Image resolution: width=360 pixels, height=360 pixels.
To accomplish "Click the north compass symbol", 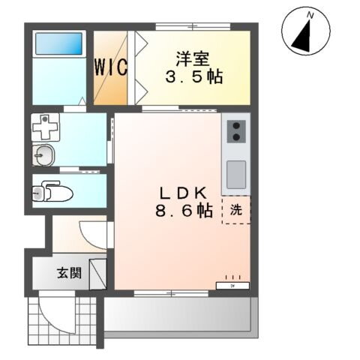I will click(305, 33).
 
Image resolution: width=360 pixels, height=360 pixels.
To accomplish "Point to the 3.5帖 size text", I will click(193, 77).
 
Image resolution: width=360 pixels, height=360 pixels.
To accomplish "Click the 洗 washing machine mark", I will click(235, 211).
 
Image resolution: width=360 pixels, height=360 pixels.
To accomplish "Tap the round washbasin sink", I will click(45, 156).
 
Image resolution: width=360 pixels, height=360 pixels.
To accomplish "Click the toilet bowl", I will click(54, 193).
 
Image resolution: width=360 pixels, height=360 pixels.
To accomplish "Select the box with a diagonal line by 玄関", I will click(97, 273).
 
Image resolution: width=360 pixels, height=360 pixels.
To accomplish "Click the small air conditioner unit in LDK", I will click(230, 285).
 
